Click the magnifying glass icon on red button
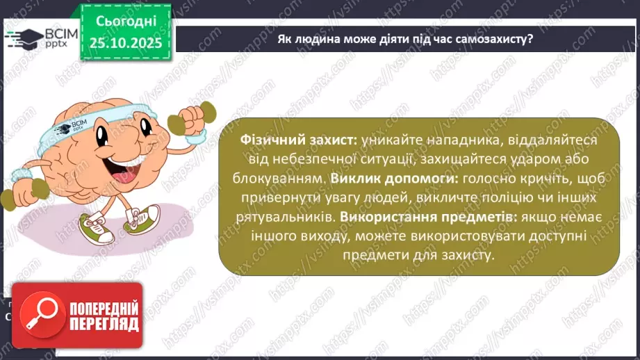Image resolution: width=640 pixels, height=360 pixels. (39, 316)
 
